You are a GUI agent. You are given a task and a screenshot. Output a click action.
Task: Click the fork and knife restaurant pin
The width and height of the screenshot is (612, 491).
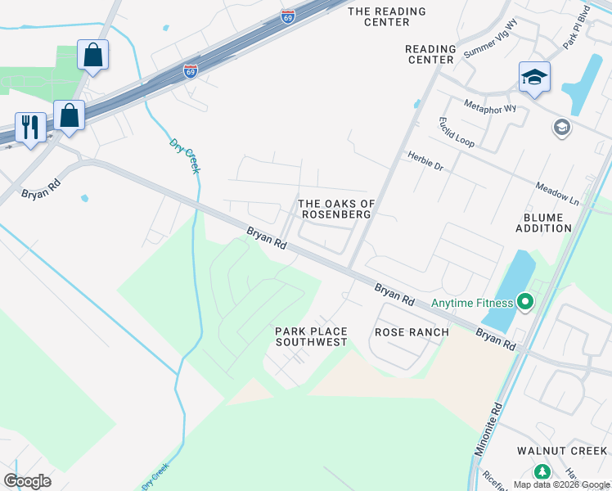(30, 127)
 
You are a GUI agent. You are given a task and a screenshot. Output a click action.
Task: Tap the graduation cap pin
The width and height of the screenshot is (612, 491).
(534, 77)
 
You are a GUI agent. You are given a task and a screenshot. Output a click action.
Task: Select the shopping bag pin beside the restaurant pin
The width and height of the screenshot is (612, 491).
(69, 115)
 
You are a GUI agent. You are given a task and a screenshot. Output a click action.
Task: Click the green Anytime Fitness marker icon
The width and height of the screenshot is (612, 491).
(524, 304)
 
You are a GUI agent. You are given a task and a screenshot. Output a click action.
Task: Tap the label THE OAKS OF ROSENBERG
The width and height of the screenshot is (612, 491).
(335, 209)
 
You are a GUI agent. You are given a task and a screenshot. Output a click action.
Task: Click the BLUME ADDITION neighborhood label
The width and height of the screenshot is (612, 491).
(543, 223)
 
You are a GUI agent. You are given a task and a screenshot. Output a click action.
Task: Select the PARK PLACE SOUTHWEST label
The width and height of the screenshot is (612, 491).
(311, 336)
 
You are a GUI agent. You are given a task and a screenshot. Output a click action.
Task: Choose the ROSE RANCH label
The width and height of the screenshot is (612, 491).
(412, 332)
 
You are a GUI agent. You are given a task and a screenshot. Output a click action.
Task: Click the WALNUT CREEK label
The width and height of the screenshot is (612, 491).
(562, 451)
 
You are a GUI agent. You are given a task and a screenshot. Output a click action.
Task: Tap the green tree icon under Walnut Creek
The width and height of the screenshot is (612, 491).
(542, 472)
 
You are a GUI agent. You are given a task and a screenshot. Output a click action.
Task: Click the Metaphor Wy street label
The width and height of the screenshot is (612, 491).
(490, 107)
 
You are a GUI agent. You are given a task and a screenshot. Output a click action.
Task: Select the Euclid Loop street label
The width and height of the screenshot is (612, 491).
(457, 132)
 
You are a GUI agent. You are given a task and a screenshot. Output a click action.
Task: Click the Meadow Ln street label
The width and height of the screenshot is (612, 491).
(557, 193)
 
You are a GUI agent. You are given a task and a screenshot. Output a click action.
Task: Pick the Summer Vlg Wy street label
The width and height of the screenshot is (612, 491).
(491, 39)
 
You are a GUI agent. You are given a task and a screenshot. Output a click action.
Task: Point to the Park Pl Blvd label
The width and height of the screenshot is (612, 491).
(576, 29)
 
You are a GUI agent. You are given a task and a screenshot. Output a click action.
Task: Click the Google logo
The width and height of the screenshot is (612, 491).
(27, 480)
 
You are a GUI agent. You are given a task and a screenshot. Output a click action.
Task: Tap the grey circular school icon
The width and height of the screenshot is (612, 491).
(561, 127)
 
